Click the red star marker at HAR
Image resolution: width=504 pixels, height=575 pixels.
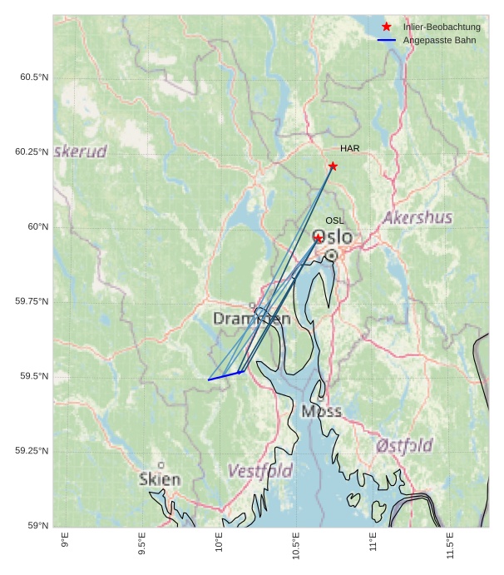tap(333, 166)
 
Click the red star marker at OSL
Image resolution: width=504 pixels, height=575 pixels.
tap(318, 238)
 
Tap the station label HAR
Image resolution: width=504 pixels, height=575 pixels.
tap(349, 148)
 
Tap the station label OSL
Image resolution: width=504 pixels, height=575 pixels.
tap(334, 221)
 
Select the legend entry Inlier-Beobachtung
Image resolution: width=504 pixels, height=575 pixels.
tap(442, 27)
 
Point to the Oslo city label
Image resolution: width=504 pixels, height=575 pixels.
tap(332, 237)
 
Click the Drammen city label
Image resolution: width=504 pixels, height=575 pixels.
tap(251, 319)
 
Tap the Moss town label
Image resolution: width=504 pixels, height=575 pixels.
tap(321, 411)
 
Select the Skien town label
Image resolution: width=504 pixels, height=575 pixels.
tap(160, 479)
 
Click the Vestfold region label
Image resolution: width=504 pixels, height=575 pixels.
tap(259, 471)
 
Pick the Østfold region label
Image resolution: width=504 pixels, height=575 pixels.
tap(403, 444)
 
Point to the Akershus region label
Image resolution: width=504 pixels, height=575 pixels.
tap(418, 218)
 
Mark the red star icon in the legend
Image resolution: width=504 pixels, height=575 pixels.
tap(386, 27)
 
